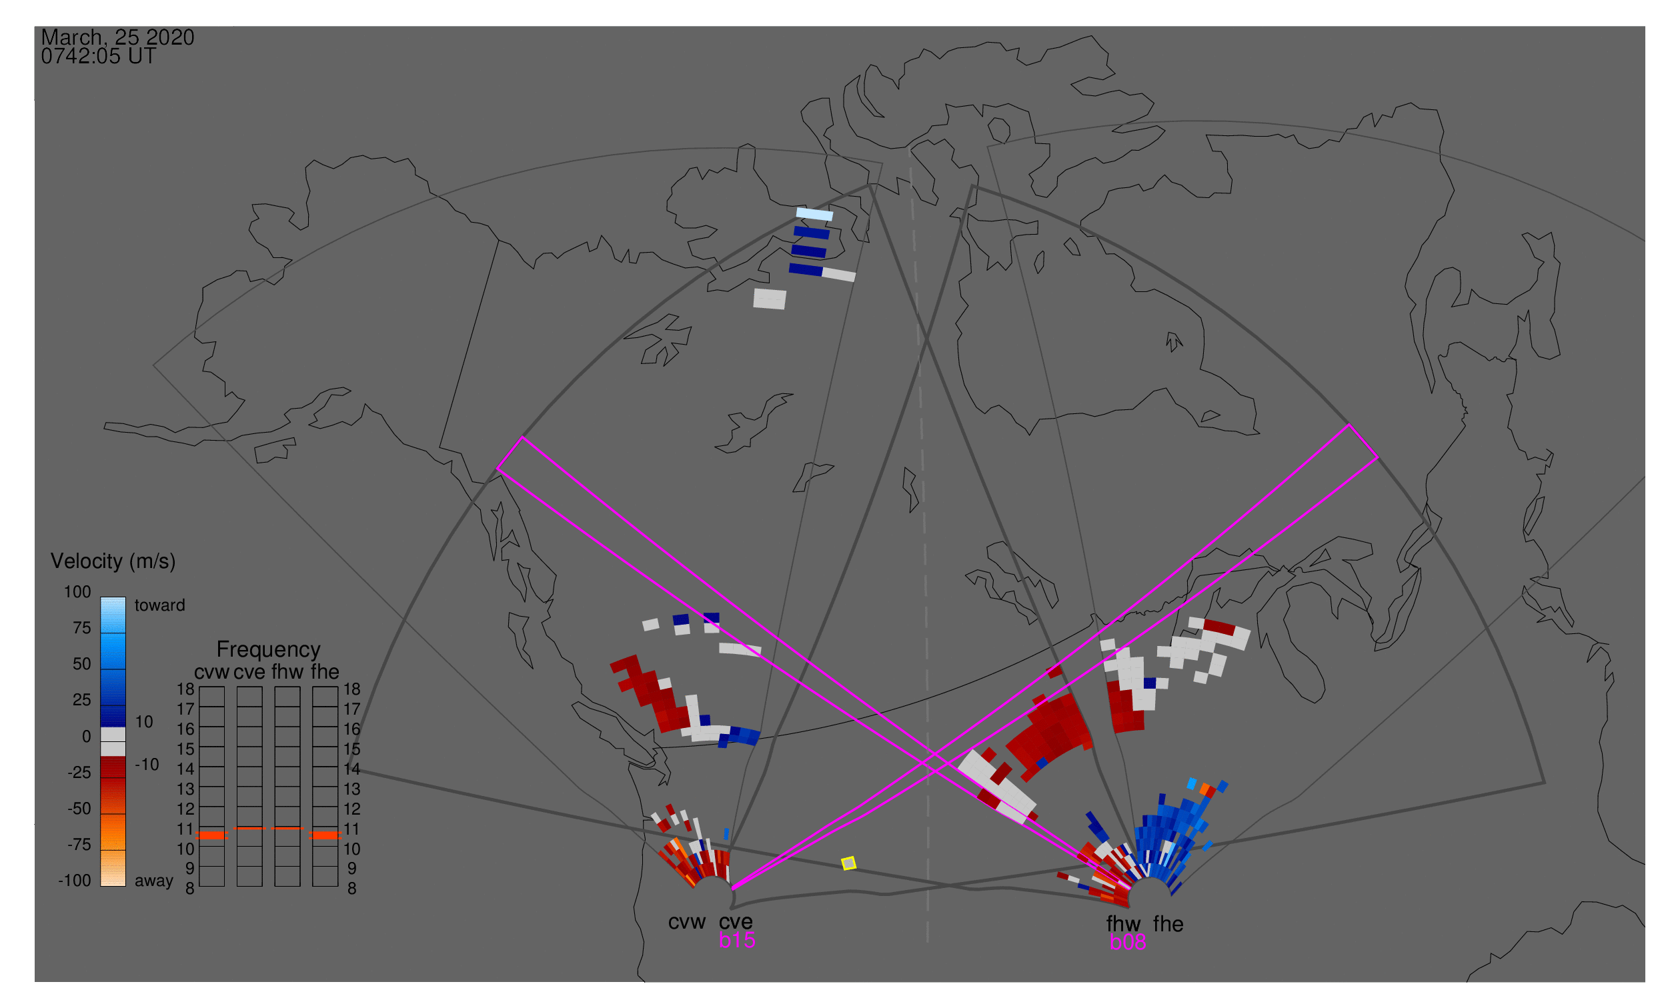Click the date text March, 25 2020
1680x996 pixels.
(117, 37)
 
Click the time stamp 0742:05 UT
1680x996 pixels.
(99, 57)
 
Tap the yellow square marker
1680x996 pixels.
(849, 863)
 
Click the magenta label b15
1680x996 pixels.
(736, 940)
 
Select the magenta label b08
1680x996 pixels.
(1127, 942)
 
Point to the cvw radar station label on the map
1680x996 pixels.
(686, 922)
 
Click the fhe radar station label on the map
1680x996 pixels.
(1168, 924)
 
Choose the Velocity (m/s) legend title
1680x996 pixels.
(113, 561)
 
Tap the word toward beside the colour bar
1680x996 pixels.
(160, 605)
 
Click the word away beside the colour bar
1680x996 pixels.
(154, 881)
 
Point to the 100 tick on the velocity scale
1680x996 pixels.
(77, 592)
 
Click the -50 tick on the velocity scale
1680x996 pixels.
(79, 809)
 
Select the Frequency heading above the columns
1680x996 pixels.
(268, 650)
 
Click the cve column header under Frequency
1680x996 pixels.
(249, 672)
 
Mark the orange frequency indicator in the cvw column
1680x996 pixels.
(211, 835)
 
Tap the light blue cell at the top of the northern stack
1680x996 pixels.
(814, 214)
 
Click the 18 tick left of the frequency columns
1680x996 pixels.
(185, 689)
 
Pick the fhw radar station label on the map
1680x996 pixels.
(1123, 924)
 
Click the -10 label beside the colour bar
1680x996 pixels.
(147, 765)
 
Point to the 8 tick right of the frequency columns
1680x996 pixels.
(352, 889)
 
